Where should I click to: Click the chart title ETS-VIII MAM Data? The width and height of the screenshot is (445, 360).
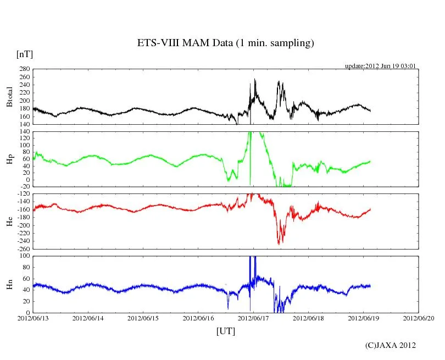tap(225, 43)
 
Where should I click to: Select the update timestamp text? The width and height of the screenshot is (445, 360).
tap(380, 66)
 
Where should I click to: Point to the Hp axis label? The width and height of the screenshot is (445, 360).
tap(9, 159)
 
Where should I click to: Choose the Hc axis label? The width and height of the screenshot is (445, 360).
tap(9, 221)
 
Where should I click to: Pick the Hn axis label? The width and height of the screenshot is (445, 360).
tap(9, 284)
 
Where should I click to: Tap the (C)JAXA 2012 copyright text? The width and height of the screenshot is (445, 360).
tap(391, 345)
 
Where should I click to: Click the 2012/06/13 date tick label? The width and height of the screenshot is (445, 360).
tap(33, 318)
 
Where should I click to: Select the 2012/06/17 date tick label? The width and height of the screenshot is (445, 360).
tap(253, 318)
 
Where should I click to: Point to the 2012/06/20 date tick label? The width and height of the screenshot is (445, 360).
tap(419, 318)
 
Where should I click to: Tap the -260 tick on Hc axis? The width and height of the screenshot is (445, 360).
tap(23, 249)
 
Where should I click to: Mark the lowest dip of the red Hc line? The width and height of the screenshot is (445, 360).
tap(279, 243)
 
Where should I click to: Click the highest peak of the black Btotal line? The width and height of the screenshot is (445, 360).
tap(254, 79)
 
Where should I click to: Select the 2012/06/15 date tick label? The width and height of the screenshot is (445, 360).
tap(143, 318)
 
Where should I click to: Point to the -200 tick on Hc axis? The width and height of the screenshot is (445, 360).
tap(23, 225)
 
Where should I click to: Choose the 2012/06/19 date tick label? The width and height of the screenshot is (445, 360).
tap(364, 318)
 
